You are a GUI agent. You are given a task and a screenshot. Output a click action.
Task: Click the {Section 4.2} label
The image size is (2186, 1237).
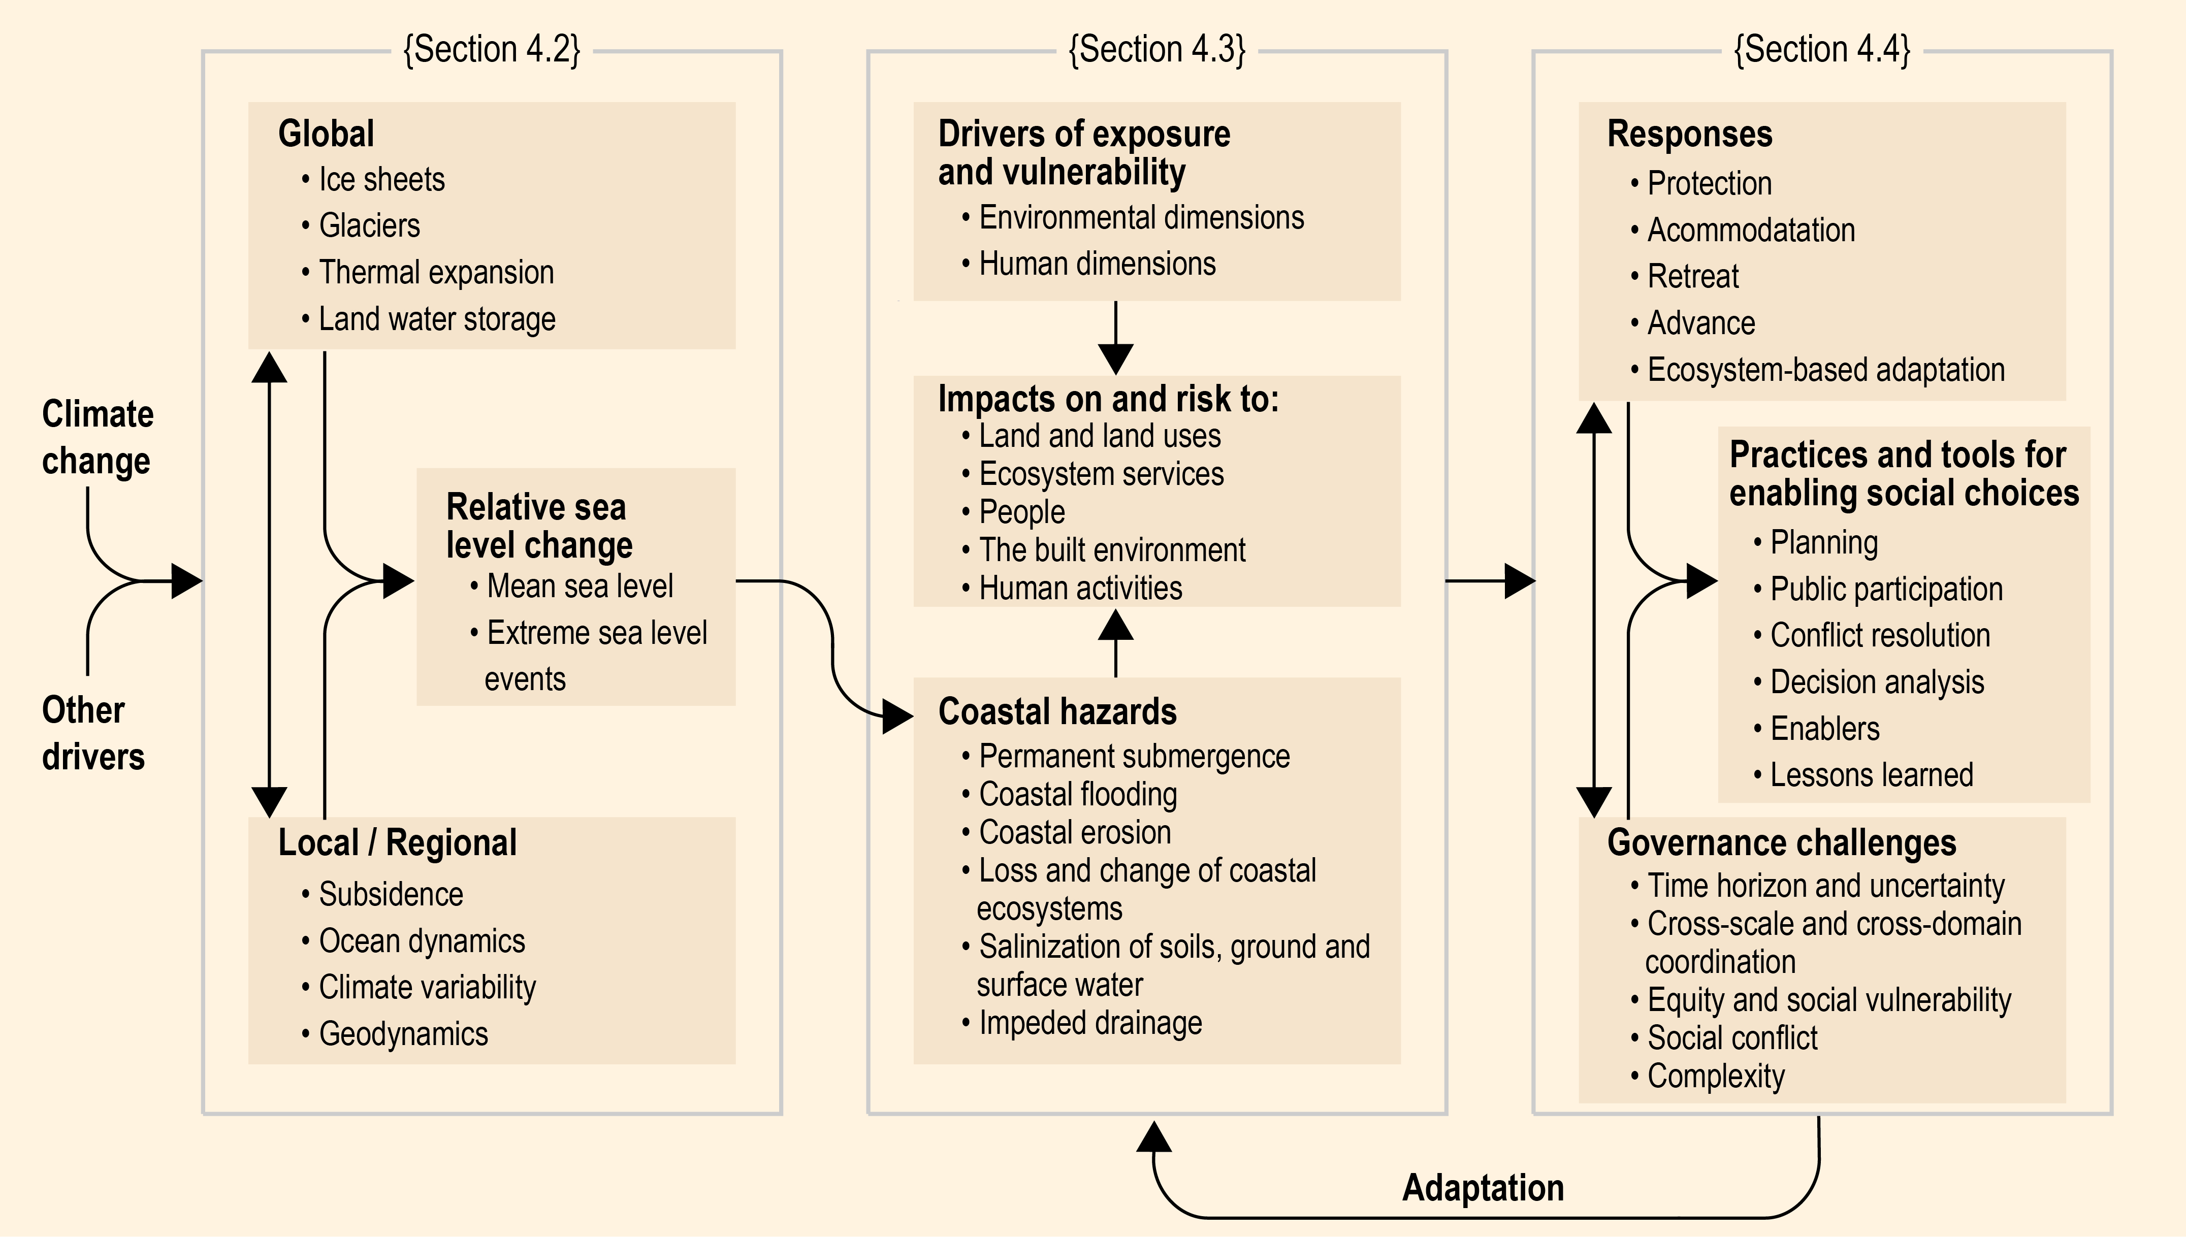click(491, 50)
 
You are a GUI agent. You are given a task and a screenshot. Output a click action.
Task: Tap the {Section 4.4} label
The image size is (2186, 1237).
click(1821, 50)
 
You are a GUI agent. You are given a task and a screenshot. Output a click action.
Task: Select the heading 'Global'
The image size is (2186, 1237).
click(326, 134)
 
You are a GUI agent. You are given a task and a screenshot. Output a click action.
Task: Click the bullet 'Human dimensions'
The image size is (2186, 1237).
click(1088, 264)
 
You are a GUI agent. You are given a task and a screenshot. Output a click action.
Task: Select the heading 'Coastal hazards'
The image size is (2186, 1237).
click(1057, 711)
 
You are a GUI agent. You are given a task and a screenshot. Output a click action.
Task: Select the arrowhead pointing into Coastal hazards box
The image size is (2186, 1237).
click(898, 716)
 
